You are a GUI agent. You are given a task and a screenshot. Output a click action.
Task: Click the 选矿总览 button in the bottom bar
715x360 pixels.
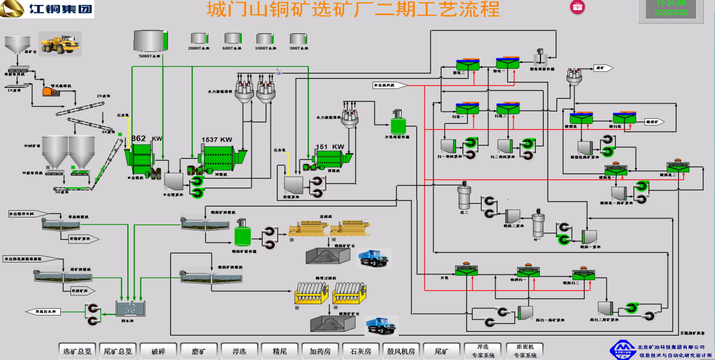77,351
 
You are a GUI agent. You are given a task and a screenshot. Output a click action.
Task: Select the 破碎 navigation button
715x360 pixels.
158,351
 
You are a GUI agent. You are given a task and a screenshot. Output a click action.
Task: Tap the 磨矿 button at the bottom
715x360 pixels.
199,351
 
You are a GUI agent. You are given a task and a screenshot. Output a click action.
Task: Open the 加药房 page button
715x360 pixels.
320,351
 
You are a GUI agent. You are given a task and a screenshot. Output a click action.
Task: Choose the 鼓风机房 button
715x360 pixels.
401,351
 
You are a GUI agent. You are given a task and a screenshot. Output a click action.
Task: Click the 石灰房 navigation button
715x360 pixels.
360,351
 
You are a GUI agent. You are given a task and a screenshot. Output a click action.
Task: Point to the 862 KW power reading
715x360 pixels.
146,139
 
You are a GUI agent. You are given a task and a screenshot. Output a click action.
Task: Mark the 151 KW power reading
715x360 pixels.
330,146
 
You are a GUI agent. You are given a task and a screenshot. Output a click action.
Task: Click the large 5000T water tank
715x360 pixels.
150,41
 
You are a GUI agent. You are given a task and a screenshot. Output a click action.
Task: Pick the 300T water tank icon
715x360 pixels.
299,38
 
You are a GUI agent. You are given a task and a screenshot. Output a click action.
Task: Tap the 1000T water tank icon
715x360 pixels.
265,38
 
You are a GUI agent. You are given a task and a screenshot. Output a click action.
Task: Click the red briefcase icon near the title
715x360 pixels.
578,7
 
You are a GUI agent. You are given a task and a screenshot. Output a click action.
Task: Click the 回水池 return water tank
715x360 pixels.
131,308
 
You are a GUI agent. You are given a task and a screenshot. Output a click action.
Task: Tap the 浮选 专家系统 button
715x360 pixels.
483,351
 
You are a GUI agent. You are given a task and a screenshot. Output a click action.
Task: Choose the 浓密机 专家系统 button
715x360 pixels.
525,351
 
